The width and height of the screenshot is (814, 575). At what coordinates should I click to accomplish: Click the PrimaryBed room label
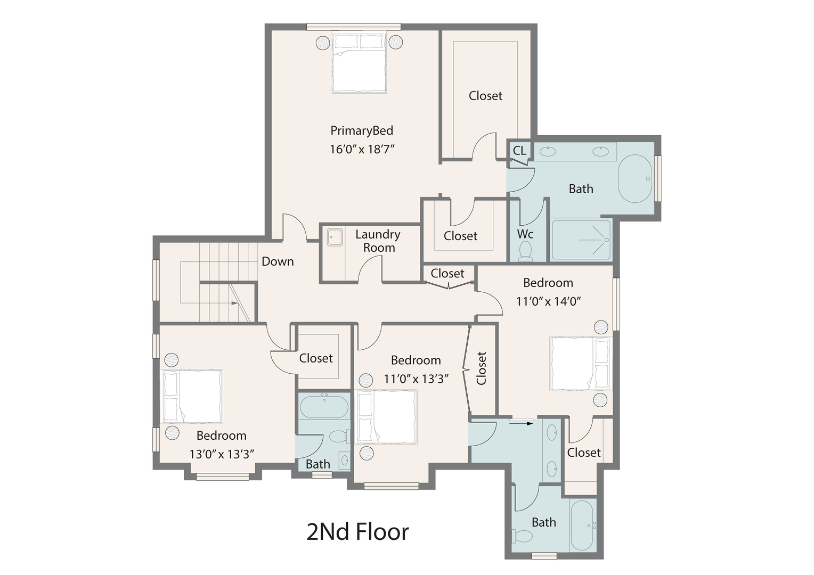pyautogui.click(x=362, y=130)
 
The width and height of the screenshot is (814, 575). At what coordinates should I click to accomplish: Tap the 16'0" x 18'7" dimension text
pyautogui.click(x=362, y=149)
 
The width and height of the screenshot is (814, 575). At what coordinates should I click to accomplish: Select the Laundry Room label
pyautogui.click(x=378, y=241)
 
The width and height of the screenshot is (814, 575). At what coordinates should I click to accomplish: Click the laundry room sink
pyautogui.click(x=335, y=237)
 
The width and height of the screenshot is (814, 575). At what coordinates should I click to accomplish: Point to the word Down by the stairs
pyautogui.click(x=278, y=261)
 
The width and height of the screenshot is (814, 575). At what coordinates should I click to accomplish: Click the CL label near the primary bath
pyautogui.click(x=519, y=151)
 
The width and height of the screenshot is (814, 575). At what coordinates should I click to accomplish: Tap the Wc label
pyautogui.click(x=525, y=234)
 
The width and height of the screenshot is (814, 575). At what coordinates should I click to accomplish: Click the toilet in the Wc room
pyautogui.click(x=525, y=250)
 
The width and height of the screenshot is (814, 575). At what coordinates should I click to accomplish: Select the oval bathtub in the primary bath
pyautogui.click(x=634, y=179)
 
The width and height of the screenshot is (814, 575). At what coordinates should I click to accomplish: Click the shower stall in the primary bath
pyautogui.click(x=581, y=240)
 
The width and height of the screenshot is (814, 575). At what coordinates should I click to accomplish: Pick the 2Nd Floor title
pyautogui.click(x=357, y=531)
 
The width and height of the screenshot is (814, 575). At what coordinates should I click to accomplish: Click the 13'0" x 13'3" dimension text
pyautogui.click(x=222, y=454)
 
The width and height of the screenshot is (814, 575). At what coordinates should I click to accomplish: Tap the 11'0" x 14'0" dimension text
pyautogui.click(x=548, y=301)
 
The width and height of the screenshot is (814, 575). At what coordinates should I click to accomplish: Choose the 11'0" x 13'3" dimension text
pyautogui.click(x=416, y=379)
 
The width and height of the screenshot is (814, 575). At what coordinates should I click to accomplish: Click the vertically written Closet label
pyautogui.click(x=482, y=368)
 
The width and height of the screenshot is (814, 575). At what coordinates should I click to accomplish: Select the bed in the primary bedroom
pyautogui.click(x=359, y=63)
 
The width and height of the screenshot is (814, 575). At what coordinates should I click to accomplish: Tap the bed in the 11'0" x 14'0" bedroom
pyautogui.click(x=580, y=364)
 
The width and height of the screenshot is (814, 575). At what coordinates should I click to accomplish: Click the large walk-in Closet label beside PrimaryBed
pyautogui.click(x=485, y=96)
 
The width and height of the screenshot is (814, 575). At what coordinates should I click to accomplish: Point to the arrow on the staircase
pyautogui.click(x=234, y=303)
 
